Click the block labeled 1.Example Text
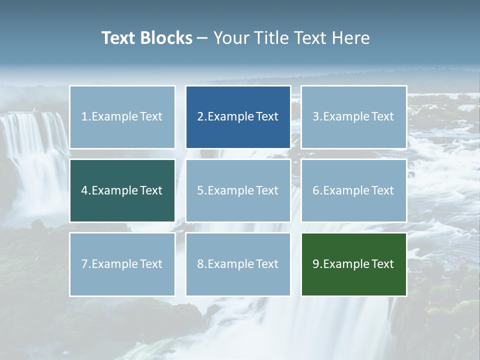(122, 117)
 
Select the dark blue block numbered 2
(238, 117)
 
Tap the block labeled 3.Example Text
(353, 117)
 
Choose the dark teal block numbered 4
(122, 190)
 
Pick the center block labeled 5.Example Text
(238, 190)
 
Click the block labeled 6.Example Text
(353, 190)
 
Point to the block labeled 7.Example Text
(122, 264)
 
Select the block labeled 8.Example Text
(238, 264)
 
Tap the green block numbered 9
(353, 264)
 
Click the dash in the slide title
(202, 38)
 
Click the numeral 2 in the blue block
(200, 117)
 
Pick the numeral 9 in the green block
(316, 264)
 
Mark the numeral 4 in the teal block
(84, 190)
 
